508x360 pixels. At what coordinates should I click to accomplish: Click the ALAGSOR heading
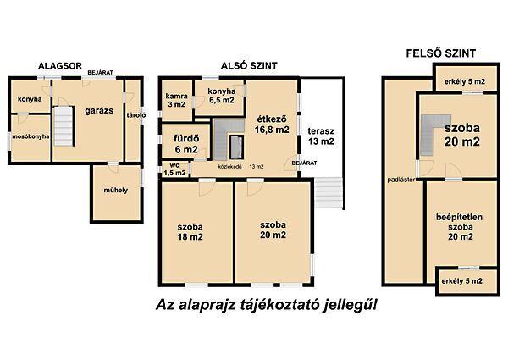60,64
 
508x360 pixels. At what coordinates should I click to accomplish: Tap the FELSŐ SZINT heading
439,53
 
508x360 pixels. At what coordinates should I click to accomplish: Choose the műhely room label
114,190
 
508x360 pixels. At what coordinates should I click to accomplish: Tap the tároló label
130,116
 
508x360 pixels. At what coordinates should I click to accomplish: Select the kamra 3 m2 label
176,99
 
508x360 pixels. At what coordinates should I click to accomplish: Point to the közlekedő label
230,167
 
